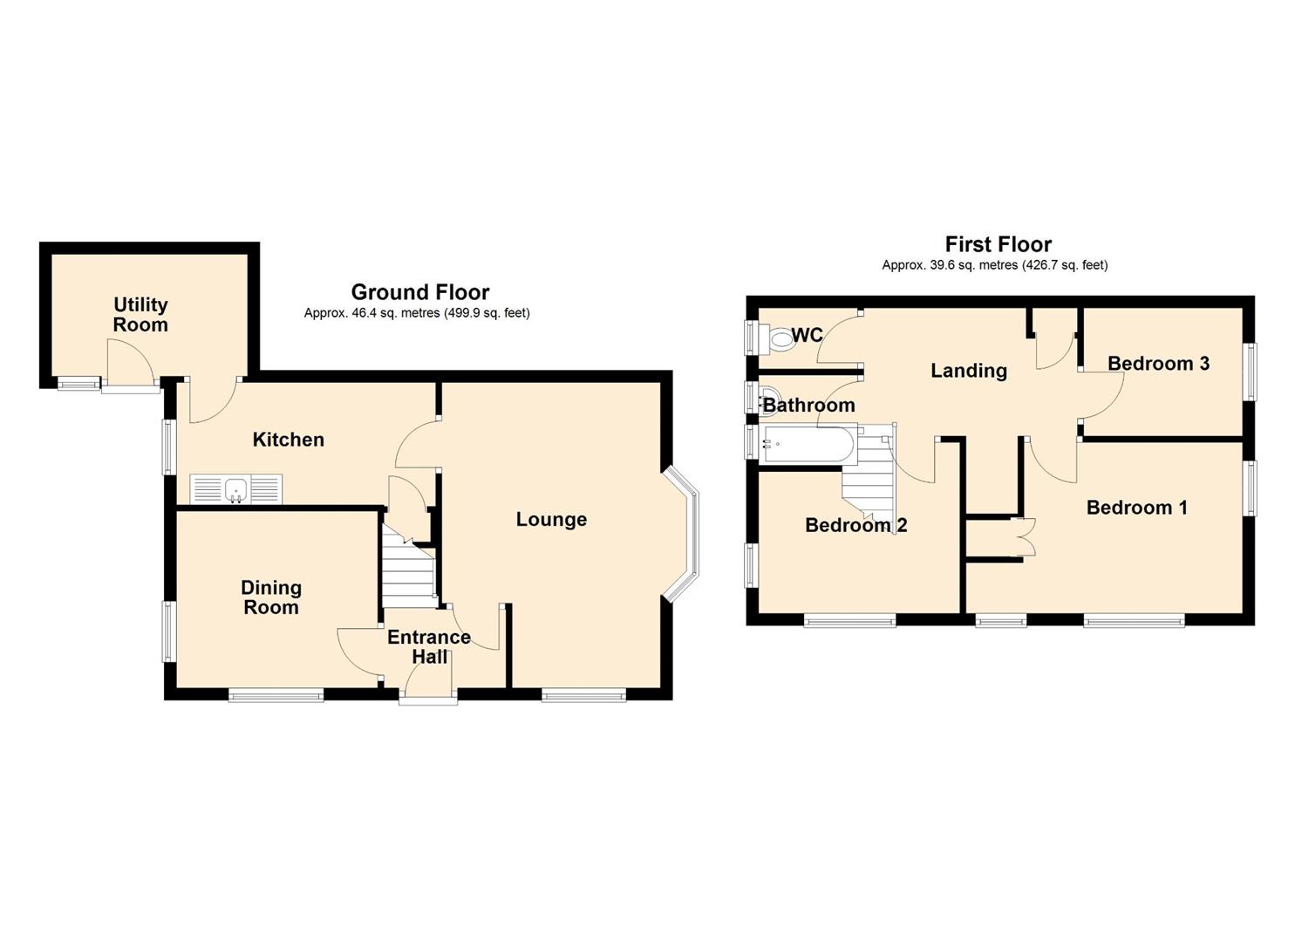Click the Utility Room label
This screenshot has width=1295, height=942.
tap(140, 315)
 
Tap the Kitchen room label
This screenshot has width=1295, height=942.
tap(288, 440)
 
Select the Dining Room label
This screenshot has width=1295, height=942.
tap(271, 597)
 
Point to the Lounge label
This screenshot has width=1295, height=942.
tap(551, 520)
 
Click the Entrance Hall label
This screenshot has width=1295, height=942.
tap(429, 646)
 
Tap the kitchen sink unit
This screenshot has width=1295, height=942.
tap(235, 489)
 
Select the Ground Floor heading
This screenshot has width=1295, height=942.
tap(420, 292)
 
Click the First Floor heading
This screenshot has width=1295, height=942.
tap(999, 244)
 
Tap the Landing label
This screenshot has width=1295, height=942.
tap(969, 371)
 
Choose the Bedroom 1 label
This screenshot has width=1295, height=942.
tap(1136, 508)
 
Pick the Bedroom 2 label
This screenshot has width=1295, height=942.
tap(855, 525)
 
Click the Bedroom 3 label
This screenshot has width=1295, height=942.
tap(1158, 364)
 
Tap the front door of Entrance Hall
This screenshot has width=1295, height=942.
tap(428, 696)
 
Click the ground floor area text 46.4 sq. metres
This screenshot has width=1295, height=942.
tap(417, 313)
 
